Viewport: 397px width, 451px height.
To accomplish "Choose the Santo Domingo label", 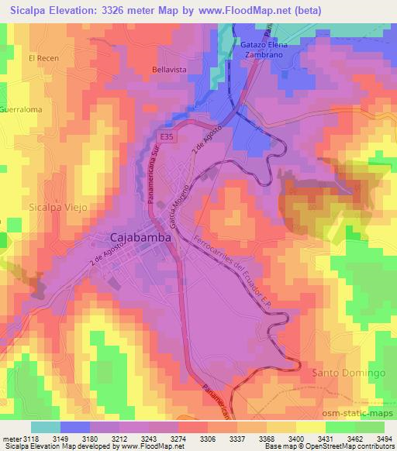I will point(348,373).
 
